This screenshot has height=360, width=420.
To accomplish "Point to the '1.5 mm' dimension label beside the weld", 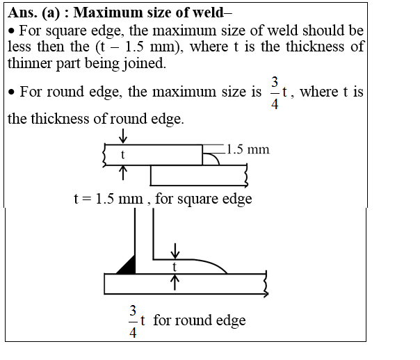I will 248,149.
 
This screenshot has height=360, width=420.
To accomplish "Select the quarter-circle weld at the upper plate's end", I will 209,158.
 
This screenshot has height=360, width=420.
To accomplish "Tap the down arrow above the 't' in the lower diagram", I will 175,249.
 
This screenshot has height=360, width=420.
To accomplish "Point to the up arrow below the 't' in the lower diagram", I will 175,281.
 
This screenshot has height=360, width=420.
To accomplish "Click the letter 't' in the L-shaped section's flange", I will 175,266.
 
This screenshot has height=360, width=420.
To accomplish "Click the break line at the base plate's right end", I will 265,284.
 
